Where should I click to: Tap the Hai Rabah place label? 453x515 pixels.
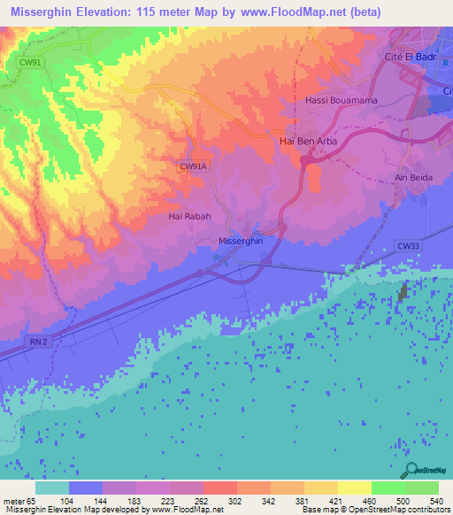188,215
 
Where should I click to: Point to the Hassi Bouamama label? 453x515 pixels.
341,100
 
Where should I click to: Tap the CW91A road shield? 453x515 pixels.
192,165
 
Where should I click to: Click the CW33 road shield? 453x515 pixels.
408,249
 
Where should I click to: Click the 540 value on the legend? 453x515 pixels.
436,500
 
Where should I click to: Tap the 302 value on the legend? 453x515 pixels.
235,500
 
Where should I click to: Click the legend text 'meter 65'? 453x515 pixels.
18,500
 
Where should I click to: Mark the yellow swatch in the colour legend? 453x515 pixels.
354,488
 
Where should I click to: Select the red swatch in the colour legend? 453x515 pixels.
219,488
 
